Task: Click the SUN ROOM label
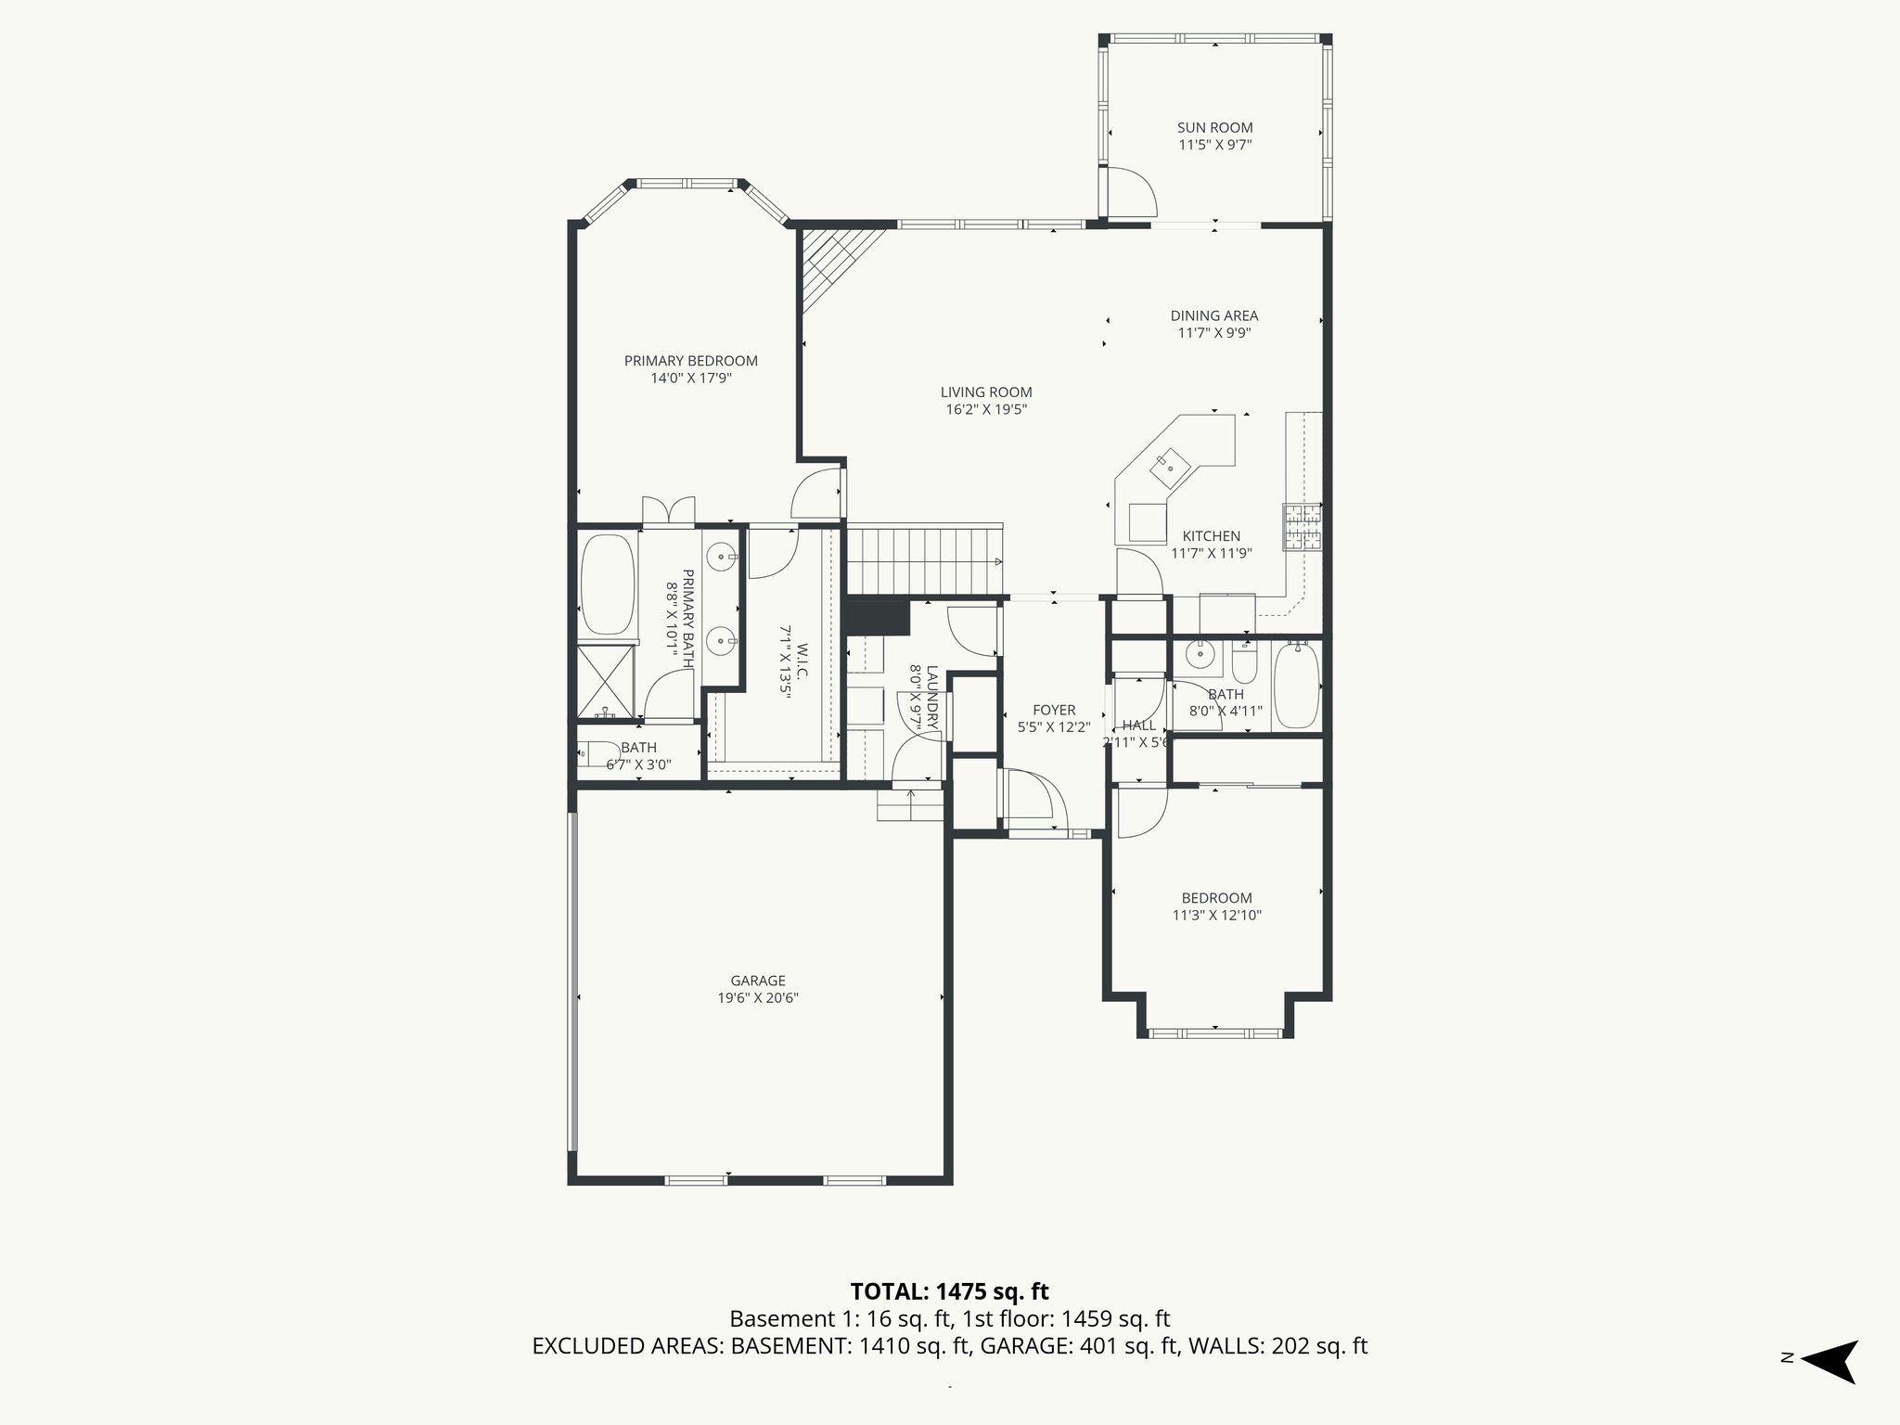click(1214, 128)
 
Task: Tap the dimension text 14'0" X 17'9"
click(691, 379)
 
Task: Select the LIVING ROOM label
click(985, 392)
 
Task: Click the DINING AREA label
click(1213, 315)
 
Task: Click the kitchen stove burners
click(1303, 528)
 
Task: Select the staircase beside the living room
click(924, 560)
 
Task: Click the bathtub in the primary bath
click(607, 584)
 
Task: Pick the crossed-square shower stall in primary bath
click(606, 682)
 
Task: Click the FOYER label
click(1053, 710)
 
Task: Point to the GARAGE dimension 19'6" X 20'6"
click(758, 998)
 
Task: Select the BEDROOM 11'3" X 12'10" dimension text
click(1216, 916)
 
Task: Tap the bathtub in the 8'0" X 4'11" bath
click(1296, 687)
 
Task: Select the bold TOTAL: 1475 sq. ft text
click(949, 1291)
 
